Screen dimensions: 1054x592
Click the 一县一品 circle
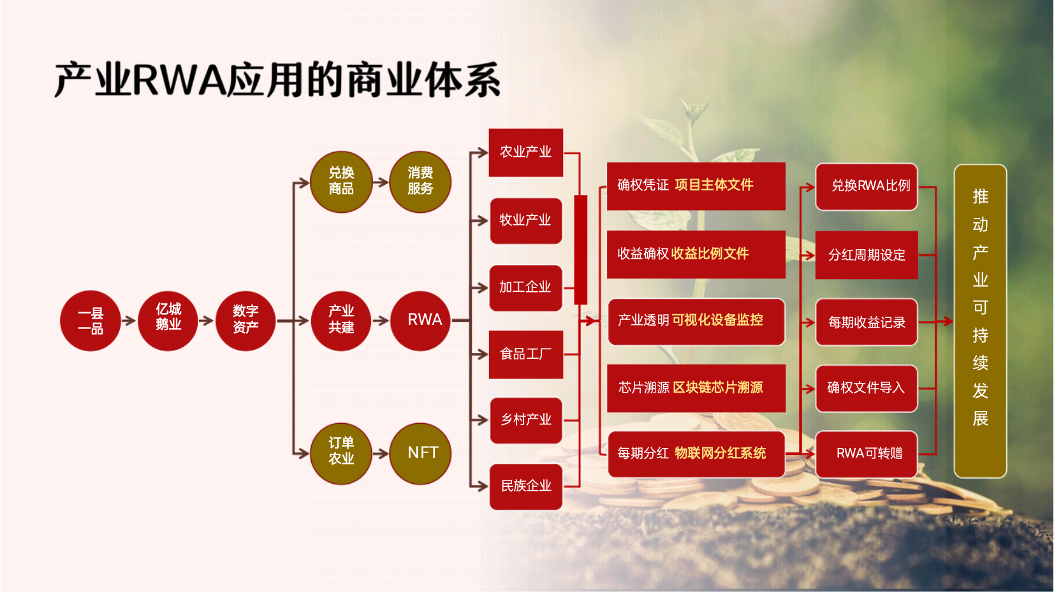(x=91, y=321)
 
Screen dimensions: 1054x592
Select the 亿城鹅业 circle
(x=168, y=321)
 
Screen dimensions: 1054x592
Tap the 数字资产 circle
(x=245, y=321)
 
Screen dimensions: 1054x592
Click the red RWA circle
(x=421, y=321)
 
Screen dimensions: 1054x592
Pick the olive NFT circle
(x=421, y=454)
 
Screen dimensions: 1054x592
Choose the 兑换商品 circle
(x=341, y=182)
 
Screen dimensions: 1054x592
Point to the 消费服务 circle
(x=421, y=182)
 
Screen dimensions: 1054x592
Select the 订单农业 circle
(x=341, y=454)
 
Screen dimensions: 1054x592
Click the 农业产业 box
(x=526, y=152)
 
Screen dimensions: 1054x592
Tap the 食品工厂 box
(x=526, y=354)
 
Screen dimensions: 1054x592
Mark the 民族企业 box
(x=526, y=487)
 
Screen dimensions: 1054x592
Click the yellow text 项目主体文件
(x=714, y=185)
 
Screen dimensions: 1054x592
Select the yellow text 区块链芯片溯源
(x=718, y=387)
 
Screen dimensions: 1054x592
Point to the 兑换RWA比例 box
(x=867, y=187)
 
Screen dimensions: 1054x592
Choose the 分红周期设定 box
(x=867, y=255)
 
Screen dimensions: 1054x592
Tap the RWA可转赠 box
(x=867, y=454)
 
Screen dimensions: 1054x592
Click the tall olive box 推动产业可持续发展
(x=981, y=321)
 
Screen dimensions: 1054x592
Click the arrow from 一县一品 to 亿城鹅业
(x=129, y=321)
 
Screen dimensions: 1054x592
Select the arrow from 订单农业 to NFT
(x=381, y=454)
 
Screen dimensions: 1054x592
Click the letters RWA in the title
(x=180, y=80)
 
